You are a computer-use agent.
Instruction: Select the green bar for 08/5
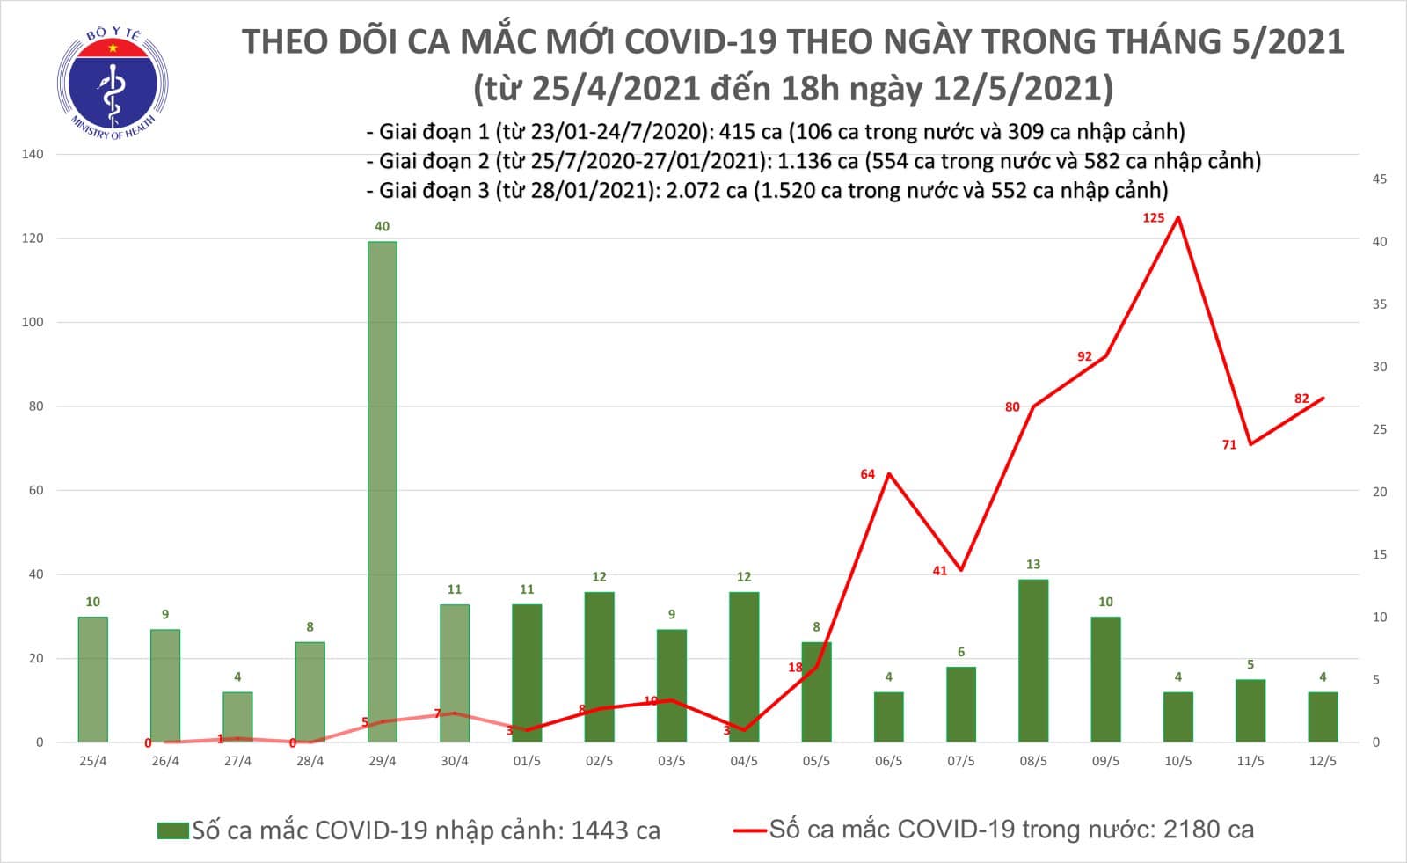[1033, 660]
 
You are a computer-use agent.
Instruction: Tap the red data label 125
[1153, 218]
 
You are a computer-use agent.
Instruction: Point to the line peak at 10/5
[1177, 217]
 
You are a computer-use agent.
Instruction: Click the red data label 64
[867, 474]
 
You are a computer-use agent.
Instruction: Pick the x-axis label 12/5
[1322, 761]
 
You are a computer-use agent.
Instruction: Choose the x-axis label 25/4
[92, 761]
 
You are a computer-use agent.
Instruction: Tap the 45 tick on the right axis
[1380, 179]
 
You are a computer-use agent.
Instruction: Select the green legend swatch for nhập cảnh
[173, 830]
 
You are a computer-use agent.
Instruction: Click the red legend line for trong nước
[748, 830]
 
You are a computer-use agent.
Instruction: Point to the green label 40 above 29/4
[382, 227]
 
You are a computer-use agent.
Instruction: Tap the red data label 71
[1228, 445]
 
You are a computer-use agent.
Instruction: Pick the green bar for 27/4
[237, 717]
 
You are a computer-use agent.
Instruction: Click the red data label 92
[1084, 356]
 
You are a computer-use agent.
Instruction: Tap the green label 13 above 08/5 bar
[1033, 565]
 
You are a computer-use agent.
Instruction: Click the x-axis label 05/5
[816, 761]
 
